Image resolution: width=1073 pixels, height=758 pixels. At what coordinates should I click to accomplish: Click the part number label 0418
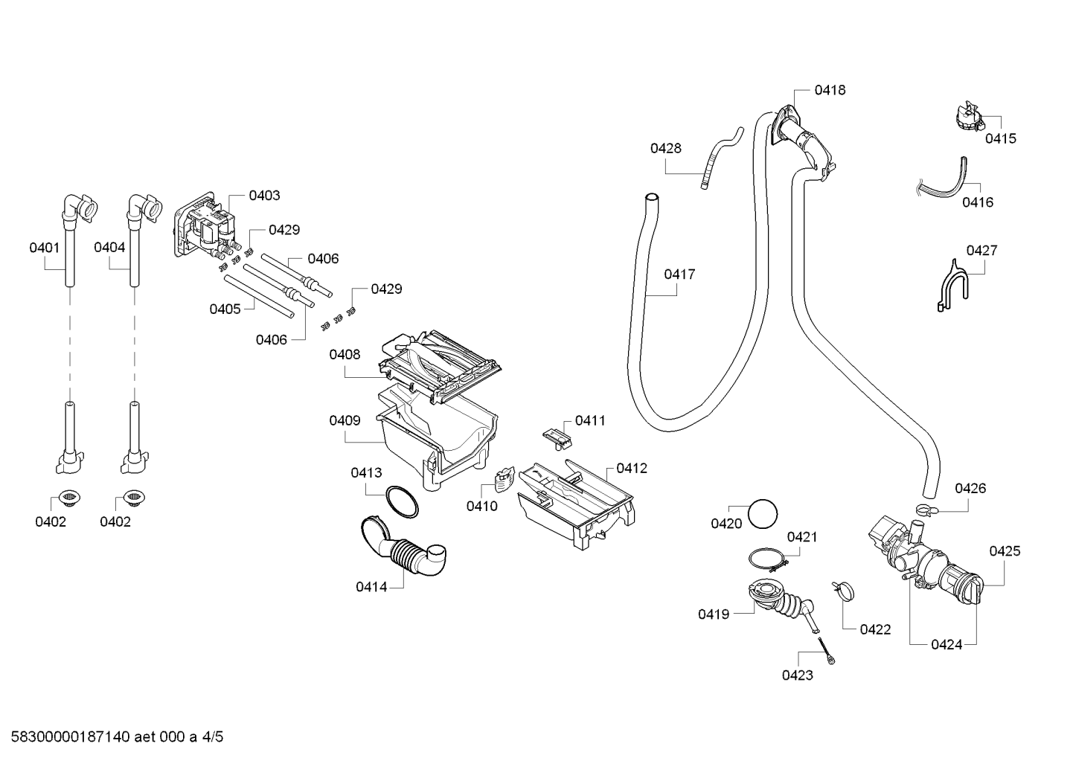(830, 90)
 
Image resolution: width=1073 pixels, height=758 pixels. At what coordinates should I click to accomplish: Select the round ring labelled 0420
(762, 514)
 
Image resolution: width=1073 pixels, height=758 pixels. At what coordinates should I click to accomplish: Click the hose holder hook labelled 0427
(952, 286)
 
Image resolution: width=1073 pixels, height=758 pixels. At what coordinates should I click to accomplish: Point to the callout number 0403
(264, 196)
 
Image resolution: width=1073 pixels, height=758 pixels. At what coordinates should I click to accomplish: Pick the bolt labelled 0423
(826, 650)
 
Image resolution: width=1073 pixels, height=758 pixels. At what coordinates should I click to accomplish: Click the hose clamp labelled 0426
(926, 511)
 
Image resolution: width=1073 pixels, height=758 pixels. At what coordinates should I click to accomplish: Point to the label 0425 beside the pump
(1005, 551)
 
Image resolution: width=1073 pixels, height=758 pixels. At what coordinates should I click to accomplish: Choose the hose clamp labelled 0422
(844, 590)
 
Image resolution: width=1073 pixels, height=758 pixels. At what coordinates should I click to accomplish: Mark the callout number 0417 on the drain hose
(679, 274)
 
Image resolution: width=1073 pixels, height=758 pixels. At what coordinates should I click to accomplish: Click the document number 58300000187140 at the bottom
(71, 736)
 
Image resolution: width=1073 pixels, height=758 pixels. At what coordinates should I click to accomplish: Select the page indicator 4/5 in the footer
(212, 736)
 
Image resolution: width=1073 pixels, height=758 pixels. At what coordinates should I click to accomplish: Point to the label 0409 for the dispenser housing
(345, 420)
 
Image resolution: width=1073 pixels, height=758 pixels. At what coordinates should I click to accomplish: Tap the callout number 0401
(45, 248)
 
